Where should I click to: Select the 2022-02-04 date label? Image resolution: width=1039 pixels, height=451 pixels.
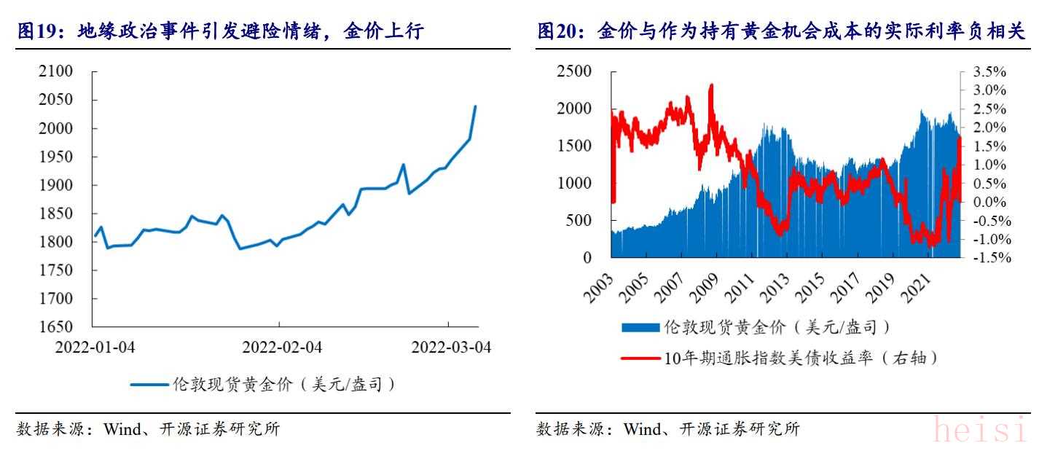281,347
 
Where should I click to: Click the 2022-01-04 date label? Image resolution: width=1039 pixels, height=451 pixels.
95,347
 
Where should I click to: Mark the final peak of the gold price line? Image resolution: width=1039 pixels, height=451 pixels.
475,106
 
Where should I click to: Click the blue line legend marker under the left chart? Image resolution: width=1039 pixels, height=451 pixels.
149,385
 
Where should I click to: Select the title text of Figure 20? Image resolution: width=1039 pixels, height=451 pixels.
780,31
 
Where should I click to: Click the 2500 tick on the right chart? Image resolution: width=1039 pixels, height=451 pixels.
574,71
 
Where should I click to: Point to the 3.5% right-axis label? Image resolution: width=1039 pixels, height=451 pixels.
989,71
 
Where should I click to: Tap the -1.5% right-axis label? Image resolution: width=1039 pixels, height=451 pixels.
987,257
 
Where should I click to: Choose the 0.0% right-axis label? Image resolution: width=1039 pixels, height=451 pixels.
989,202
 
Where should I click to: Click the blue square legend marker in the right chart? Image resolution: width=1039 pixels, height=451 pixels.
641,328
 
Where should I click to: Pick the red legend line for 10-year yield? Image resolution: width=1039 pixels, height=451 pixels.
641,358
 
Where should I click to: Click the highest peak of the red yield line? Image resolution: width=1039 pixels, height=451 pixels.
711,85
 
